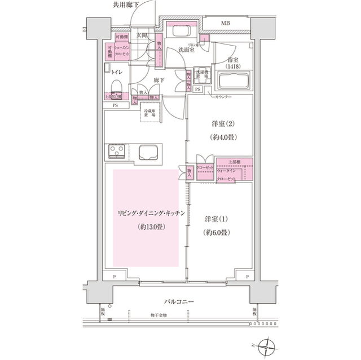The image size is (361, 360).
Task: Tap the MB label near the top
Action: pyautogui.click(x=225, y=24)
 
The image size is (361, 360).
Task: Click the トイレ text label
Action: pyautogui.click(x=117, y=72)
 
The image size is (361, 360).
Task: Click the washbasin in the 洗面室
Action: pyautogui.click(x=181, y=32)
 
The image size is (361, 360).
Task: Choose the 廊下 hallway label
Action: pyautogui.click(x=159, y=81)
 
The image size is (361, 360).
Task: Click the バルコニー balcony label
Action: pyautogui.click(x=179, y=302)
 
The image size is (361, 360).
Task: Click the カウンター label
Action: pyautogui.click(x=224, y=97)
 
